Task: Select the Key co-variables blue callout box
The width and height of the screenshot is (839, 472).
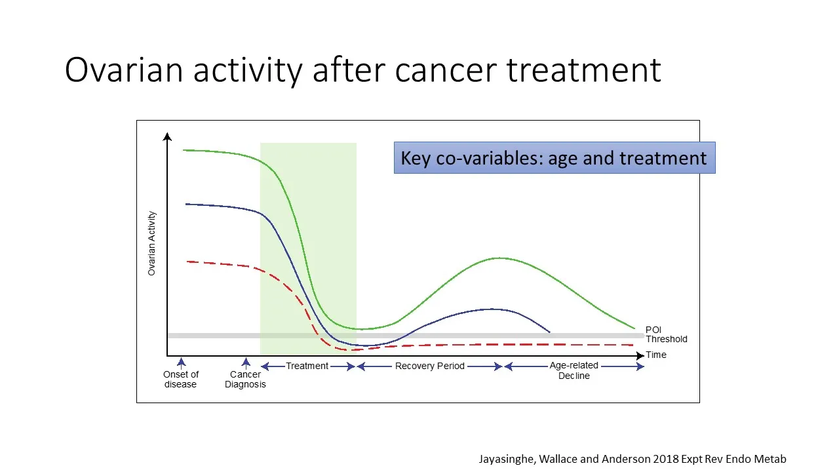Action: (554, 158)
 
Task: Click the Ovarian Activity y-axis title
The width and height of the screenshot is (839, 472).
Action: (152, 243)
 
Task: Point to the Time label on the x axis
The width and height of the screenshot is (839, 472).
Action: (656, 355)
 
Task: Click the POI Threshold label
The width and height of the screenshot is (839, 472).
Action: (666, 334)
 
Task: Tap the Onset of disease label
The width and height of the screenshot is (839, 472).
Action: (181, 379)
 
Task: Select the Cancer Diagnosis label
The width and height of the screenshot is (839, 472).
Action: (245, 379)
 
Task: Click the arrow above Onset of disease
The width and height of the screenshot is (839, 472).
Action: (182, 363)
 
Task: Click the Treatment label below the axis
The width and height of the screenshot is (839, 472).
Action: (307, 366)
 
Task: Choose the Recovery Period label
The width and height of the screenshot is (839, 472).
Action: (429, 366)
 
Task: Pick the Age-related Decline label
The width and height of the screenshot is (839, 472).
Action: (574, 370)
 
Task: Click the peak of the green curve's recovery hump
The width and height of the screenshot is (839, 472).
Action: (499, 258)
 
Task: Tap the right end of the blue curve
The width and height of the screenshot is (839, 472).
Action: (549, 332)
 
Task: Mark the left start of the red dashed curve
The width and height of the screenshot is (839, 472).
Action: (187, 262)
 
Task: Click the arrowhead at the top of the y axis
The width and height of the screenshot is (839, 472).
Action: (168, 137)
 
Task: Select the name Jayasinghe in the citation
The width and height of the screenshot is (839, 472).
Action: (507, 460)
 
